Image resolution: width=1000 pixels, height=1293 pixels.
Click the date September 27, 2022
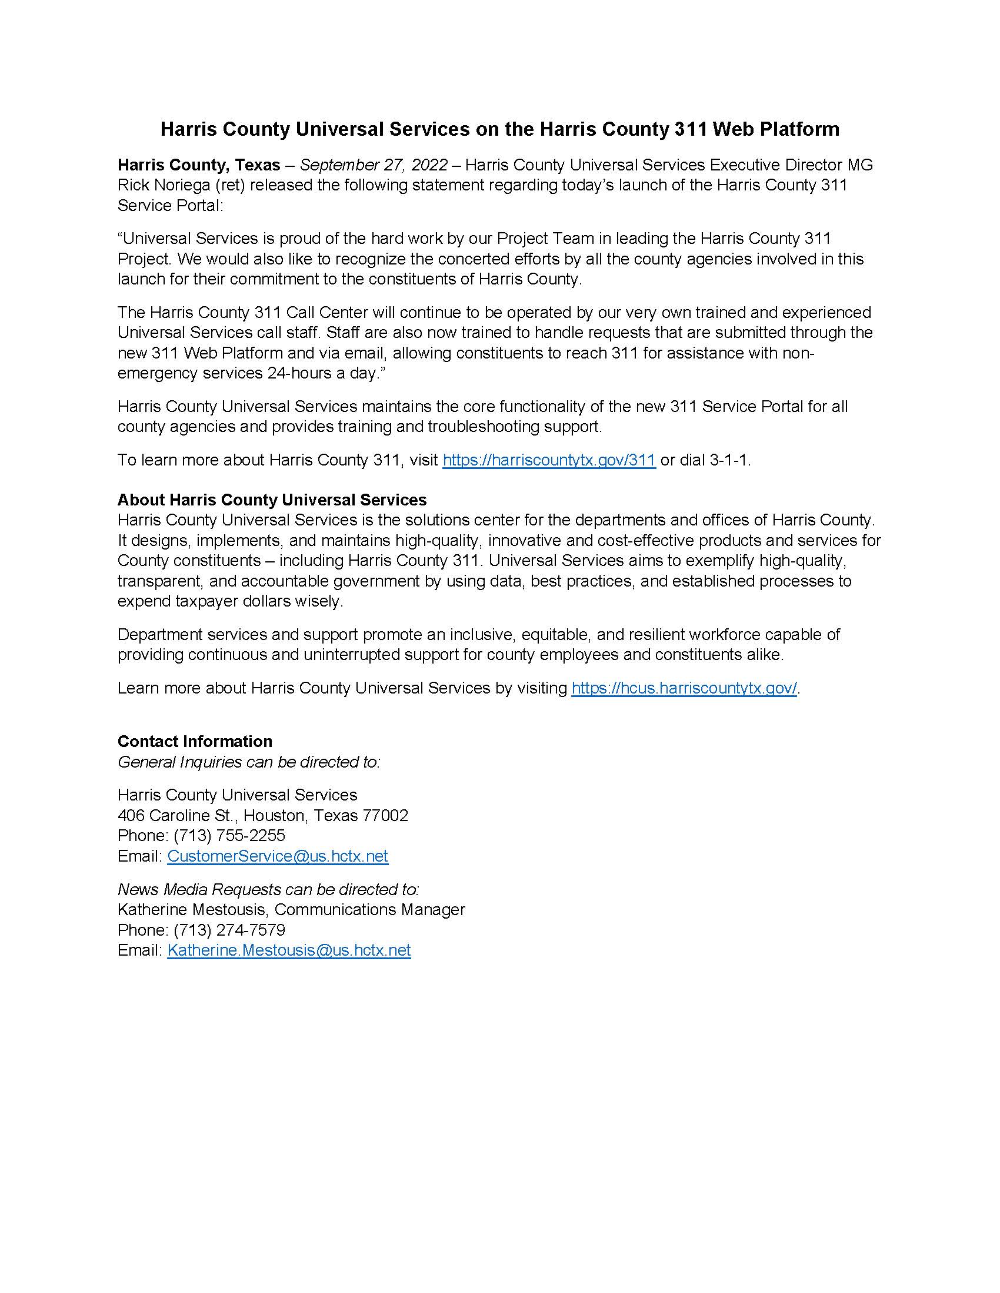374,165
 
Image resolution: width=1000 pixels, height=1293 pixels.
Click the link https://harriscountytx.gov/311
549,460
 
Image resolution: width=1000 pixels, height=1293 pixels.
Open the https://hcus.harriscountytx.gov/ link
684,688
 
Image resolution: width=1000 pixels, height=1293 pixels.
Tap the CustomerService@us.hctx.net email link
277,856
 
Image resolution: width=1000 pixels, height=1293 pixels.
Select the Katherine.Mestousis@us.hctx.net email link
288,950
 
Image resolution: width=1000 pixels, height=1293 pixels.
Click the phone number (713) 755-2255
229,835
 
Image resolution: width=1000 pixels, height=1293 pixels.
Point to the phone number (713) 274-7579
229,930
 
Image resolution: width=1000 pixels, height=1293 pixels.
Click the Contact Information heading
195,741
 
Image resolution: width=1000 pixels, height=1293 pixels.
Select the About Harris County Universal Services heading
272,500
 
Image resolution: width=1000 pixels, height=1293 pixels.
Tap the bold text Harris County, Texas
199,165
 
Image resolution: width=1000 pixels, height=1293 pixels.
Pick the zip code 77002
385,815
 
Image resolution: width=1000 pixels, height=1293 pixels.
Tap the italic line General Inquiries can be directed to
249,762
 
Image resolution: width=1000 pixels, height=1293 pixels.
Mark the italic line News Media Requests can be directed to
268,889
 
